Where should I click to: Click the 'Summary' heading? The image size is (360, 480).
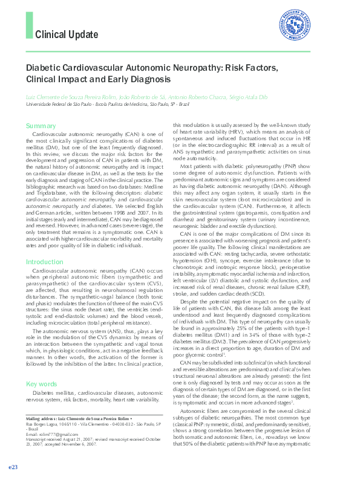point(41,126)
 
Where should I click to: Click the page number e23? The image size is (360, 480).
point(13,467)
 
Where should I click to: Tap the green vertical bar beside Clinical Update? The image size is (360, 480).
point(29,26)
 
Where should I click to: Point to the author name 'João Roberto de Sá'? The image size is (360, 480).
point(142,96)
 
